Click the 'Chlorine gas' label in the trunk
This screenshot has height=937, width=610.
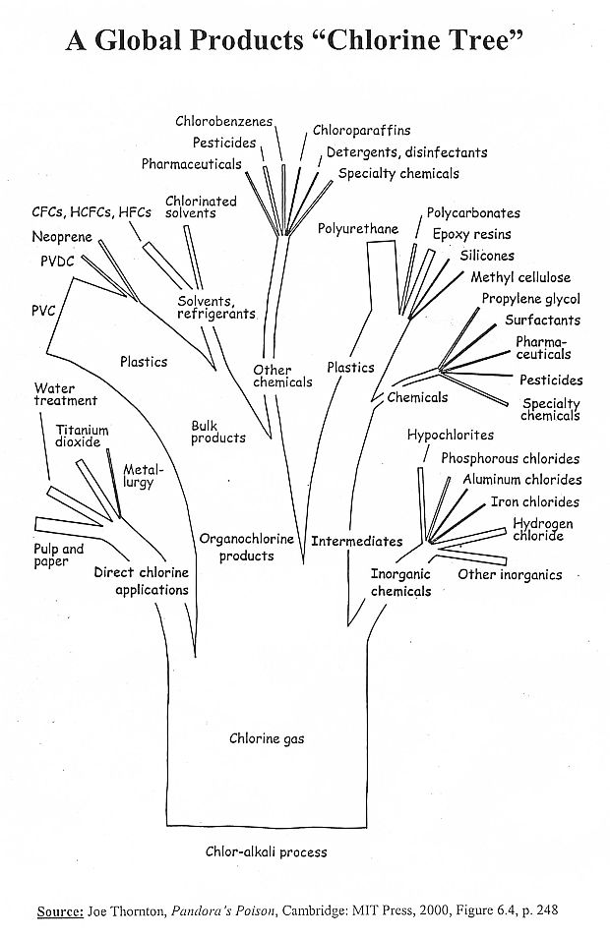267,738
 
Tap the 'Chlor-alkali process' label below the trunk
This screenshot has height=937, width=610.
266,851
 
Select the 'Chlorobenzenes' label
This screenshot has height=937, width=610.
224,122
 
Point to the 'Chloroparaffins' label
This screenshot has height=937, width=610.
362,130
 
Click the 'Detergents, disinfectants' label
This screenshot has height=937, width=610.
406,152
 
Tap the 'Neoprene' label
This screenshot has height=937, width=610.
61,237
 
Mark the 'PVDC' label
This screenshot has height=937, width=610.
57,263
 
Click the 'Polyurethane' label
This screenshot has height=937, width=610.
358,229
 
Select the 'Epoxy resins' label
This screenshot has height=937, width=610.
471,235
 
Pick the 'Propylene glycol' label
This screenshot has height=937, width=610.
530,299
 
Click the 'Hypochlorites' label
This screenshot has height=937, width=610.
451,435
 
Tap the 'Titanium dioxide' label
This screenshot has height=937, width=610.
82,437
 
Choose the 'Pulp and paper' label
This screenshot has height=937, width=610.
59,556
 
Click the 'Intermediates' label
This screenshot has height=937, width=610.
357,541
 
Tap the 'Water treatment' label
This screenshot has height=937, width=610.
65,394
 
